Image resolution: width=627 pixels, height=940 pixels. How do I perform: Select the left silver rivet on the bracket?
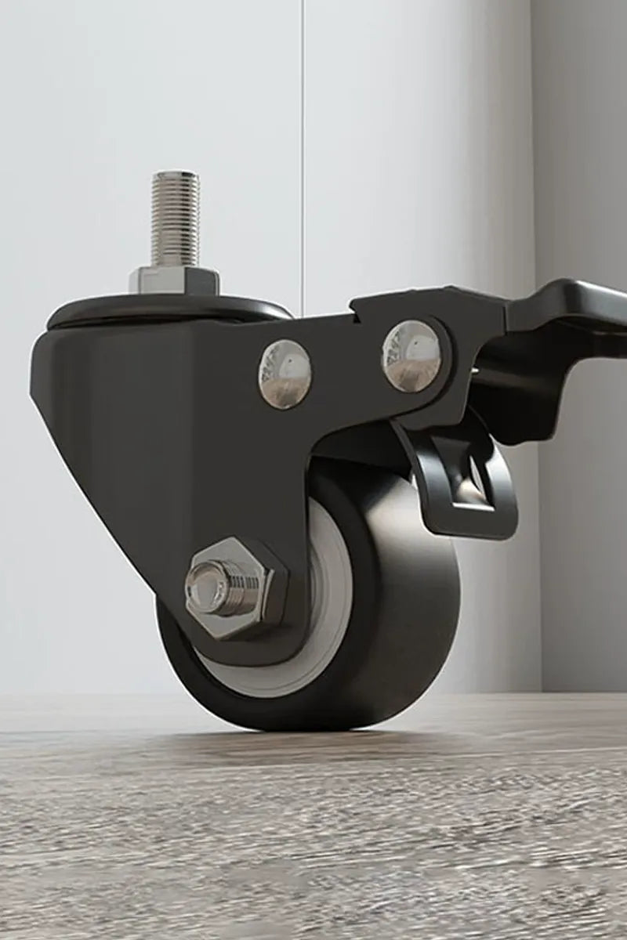tap(285, 374)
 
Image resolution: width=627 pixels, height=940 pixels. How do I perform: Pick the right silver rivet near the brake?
tap(411, 356)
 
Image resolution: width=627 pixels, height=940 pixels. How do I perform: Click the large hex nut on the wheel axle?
tap(235, 587)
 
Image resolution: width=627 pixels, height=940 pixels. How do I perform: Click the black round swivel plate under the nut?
tap(169, 310)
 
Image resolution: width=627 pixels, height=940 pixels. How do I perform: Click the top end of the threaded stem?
tap(175, 175)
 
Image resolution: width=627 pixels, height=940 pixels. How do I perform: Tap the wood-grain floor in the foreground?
tap(313, 846)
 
